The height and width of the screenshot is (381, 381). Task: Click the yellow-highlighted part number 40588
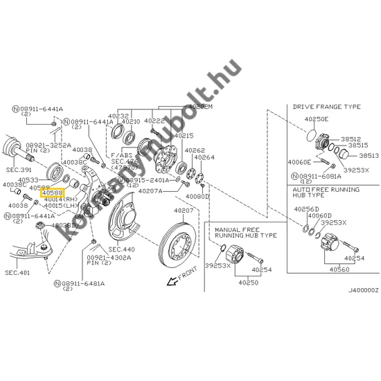pyautogui.click(x=53, y=193)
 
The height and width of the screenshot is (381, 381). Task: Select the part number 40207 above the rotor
pyautogui.click(x=184, y=210)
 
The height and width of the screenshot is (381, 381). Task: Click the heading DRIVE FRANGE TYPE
pyautogui.click(x=327, y=107)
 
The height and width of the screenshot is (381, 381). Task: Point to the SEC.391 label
pyautogui.click(x=15, y=168)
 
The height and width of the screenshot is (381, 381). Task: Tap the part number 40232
pyautogui.click(x=118, y=116)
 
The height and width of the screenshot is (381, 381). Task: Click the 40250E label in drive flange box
pyautogui.click(x=317, y=119)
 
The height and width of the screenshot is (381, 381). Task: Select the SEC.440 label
pyautogui.click(x=122, y=249)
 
